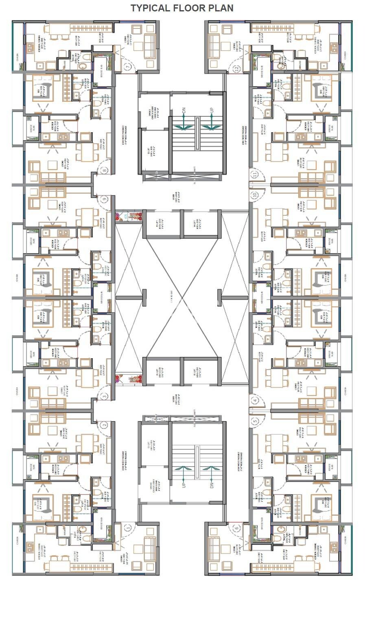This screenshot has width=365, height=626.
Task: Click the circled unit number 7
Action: click(x=128, y=67)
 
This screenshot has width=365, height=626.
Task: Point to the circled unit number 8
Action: click(x=105, y=171)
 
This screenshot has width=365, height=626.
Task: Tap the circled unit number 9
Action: click(x=105, y=199)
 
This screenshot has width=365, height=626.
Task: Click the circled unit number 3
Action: click(x=104, y=396)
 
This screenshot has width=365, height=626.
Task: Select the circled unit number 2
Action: click(x=104, y=425)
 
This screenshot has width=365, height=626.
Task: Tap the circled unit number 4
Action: click(x=255, y=400)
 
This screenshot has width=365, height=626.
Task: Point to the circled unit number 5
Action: click(x=255, y=421)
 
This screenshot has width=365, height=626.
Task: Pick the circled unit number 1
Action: click(x=128, y=528)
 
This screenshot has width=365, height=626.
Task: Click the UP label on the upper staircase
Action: click(x=211, y=111)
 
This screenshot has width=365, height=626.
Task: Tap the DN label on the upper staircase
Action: click(x=184, y=110)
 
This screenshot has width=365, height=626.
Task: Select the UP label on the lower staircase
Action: click(x=184, y=485)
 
